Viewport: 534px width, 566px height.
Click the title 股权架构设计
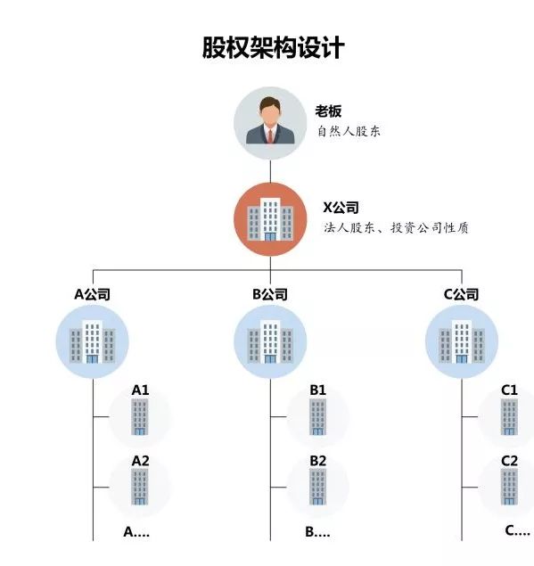pyautogui.click(x=273, y=47)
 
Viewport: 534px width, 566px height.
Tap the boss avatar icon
pyautogui.click(x=270, y=123)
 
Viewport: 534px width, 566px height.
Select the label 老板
pyautogui.click(x=328, y=111)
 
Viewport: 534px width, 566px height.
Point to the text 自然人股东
pyautogui.click(x=349, y=131)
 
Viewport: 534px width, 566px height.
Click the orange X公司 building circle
pyautogui.click(x=270, y=219)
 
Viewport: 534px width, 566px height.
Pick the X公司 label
pyautogui.click(x=341, y=208)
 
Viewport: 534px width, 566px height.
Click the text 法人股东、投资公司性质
pyautogui.click(x=396, y=228)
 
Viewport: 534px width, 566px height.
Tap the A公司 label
pyautogui.click(x=92, y=294)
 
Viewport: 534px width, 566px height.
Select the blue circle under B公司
pyautogui.click(x=270, y=341)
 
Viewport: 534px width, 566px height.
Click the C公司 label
pyautogui.click(x=461, y=294)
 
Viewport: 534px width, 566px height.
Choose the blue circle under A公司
pyautogui.click(x=93, y=341)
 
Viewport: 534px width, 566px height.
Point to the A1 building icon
pyautogui.click(x=140, y=417)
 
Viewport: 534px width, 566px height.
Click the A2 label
pyautogui.click(x=141, y=461)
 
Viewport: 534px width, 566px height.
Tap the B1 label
pyautogui.click(x=318, y=390)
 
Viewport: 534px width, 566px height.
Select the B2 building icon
pyautogui.click(x=317, y=488)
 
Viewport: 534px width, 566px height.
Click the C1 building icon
pyautogui.click(x=509, y=417)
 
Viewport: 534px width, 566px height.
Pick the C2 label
pyautogui.click(x=509, y=461)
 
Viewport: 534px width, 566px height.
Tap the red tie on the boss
pyautogui.click(x=270, y=136)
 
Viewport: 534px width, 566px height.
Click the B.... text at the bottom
pyautogui.click(x=317, y=532)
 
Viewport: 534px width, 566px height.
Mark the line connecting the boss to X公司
pyautogui.click(x=270, y=171)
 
